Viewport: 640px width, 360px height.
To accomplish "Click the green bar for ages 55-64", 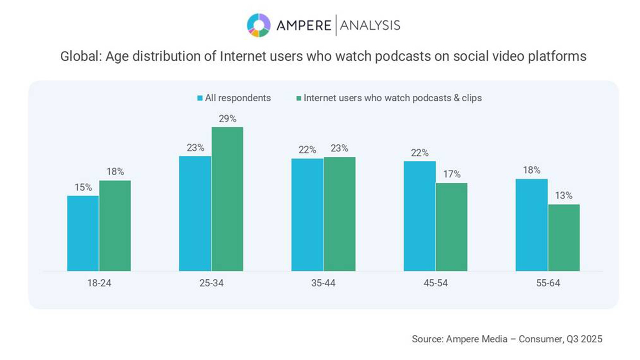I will (x=564, y=238).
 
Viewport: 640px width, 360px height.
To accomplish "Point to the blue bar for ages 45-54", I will (x=420, y=216).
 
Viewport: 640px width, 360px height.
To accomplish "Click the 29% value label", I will (x=227, y=119).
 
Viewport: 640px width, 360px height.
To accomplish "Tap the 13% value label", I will (x=564, y=196).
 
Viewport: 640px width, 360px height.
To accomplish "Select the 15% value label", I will (x=83, y=187).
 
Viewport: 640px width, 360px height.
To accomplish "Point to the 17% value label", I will (x=452, y=174).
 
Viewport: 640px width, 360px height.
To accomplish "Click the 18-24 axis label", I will (x=99, y=283).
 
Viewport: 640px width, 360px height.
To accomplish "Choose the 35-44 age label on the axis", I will (x=323, y=283).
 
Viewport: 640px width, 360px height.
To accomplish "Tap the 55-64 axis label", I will (x=548, y=283).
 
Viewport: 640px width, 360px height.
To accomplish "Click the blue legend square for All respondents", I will (x=200, y=98).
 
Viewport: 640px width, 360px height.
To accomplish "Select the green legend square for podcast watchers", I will (x=298, y=98).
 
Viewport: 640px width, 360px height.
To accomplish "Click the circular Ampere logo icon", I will (x=259, y=25).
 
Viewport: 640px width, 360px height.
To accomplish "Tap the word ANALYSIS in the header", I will (x=370, y=26).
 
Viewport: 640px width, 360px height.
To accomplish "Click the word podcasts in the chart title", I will (x=402, y=56).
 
